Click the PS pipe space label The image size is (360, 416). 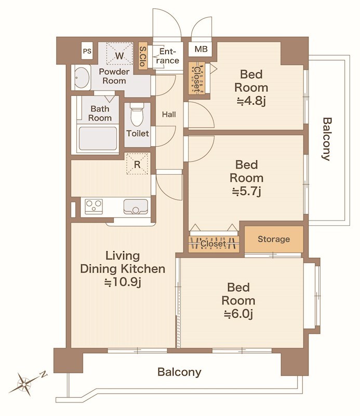pyautogui.click(x=87, y=51)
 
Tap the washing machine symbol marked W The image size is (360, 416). pyautogui.click(x=119, y=54)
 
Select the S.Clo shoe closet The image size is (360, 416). pyautogui.click(x=143, y=56)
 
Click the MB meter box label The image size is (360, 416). pyautogui.click(x=201, y=49)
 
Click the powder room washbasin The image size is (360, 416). pyautogui.click(x=82, y=77)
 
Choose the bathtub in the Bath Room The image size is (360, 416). pyautogui.click(x=98, y=138)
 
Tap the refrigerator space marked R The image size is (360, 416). pyautogui.click(x=137, y=164)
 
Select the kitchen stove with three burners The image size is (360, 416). pyautogui.click(x=94, y=206)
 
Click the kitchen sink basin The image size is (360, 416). pyautogui.click(x=136, y=206)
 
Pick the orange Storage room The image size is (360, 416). pyautogui.click(x=274, y=239)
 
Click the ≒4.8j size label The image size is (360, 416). pyautogui.click(x=251, y=101)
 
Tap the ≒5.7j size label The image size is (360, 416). pyautogui.click(x=247, y=191)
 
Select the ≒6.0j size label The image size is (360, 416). pyautogui.click(x=238, y=314)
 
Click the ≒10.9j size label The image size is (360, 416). pyautogui.click(x=123, y=282)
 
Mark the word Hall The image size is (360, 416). pyautogui.click(x=169, y=114)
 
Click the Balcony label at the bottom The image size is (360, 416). pyautogui.click(x=179, y=372)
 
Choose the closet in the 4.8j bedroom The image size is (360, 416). pyautogui.click(x=197, y=77)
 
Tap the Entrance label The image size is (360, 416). pyautogui.click(x=167, y=56)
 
